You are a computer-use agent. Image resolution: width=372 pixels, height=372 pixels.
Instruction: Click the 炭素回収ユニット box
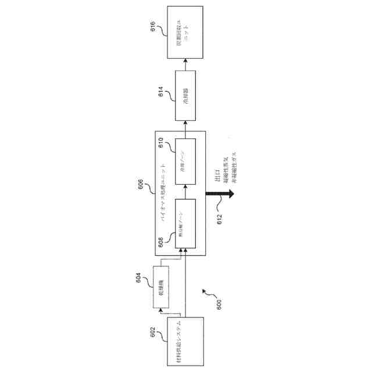185,32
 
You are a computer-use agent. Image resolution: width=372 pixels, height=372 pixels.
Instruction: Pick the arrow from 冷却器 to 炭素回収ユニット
185,63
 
